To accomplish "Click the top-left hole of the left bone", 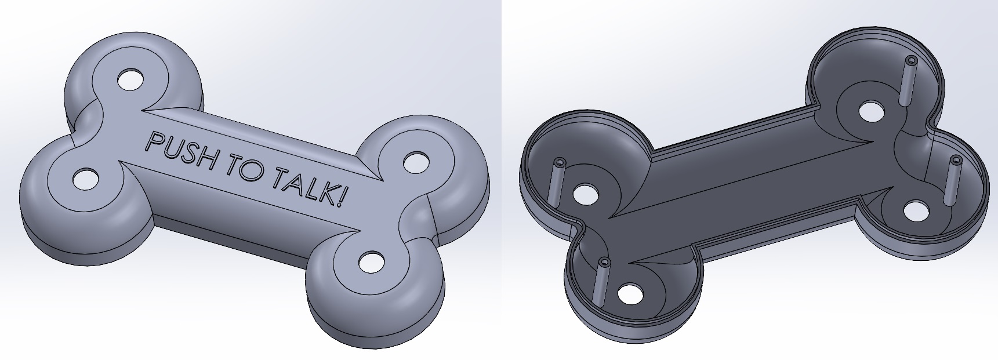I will (x=130, y=80).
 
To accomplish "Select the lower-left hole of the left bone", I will (x=85, y=179).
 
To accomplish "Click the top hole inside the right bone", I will (x=870, y=111).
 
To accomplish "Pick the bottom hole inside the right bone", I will (x=630, y=293).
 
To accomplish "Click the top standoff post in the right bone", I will (x=909, y=81).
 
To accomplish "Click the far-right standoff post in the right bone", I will (x=953, y=180).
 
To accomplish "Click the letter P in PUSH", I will (x=154, y=143).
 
